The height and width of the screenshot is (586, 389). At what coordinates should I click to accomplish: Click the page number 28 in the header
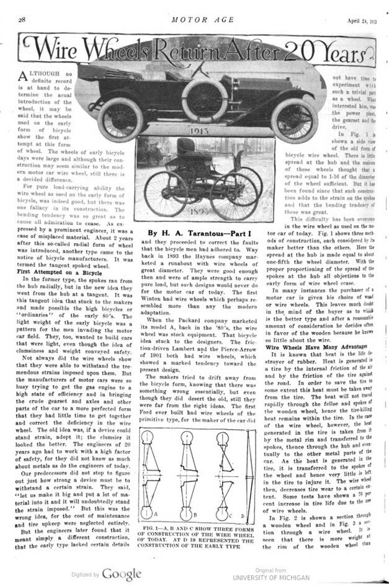pyautogui.click(x=21, y=20)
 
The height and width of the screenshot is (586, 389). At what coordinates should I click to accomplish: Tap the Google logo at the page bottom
pyautogui.click(x=120, y=574)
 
